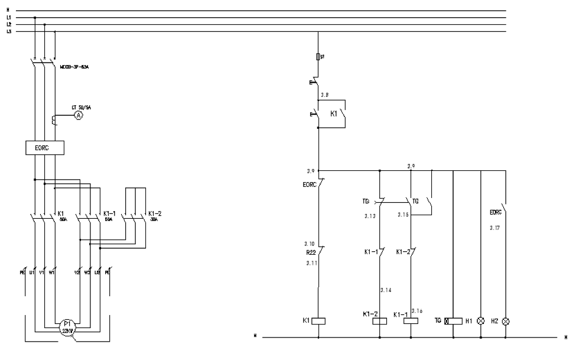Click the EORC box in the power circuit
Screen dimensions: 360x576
click(44, 148)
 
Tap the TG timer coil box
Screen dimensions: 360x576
click(454, 321)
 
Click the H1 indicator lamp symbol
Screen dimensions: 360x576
click(481, 322)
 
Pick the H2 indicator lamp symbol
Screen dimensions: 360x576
click(505, 322)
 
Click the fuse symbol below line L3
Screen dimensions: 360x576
click(319, 57)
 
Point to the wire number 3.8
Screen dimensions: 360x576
click(324, 95)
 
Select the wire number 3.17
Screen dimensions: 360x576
click(494, 227)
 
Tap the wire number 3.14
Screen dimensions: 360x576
click(385, 291)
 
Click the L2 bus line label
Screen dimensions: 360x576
click(9, 25)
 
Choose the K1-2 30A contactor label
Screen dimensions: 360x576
click(154, 215)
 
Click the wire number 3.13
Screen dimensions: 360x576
click(370, 215)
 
